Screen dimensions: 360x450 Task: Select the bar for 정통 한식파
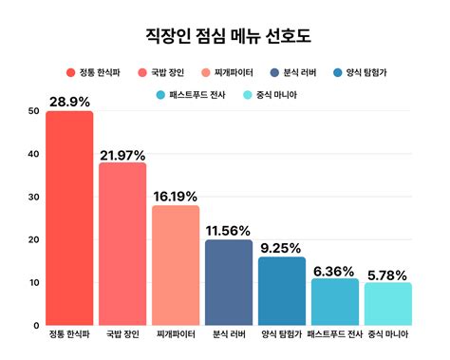coord(69,218)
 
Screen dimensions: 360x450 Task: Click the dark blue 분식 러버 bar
coord(229,282)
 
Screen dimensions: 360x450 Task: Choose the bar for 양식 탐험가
coord(282,291)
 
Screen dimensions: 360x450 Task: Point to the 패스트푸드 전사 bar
coord(335,302)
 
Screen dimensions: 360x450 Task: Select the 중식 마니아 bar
coord(388,304)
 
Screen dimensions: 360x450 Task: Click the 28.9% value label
coord(69,102)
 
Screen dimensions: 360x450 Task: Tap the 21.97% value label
coord(122,154)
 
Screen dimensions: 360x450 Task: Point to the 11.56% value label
coord(229,230)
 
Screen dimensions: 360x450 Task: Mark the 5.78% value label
coord(388,274)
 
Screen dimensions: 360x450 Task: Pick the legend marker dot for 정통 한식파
coord(71,72)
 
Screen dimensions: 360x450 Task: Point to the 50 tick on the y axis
coord(34,111)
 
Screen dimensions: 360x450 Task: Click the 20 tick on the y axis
coord(34,239)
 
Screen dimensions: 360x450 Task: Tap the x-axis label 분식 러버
coord(229,334)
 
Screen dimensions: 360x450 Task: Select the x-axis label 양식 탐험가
coord(282,334)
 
